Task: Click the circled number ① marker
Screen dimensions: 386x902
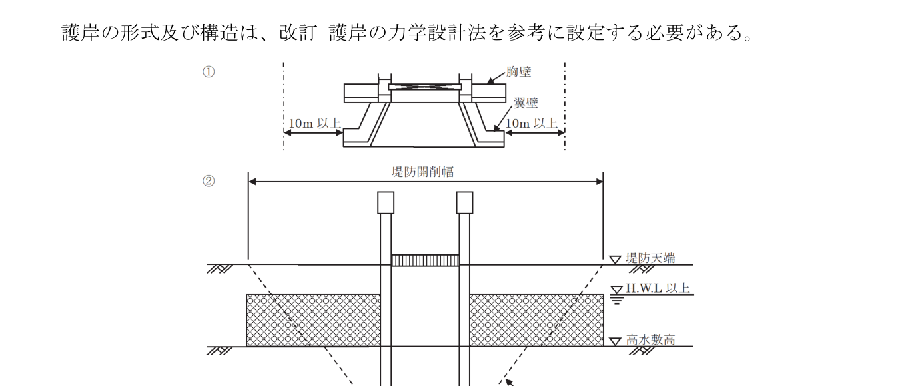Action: coord(209,73)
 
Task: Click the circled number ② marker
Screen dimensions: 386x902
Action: coord(209,181)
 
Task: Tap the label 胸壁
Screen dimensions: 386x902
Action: coord(518,72)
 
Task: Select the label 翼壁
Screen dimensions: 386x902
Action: coord(526,103)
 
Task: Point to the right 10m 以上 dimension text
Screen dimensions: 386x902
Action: coord(531,124)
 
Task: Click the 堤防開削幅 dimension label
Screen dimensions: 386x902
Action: coord(422,172)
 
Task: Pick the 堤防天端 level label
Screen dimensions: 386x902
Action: coord(650,258)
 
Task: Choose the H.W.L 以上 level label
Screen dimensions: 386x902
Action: coord(658,288)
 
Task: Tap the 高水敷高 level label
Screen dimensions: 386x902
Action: coord(650,340)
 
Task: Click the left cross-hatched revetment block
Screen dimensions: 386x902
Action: coord(313,320)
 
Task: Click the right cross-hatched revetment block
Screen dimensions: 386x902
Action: coord(536,320)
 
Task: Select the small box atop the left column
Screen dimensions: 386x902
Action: coord(386,202)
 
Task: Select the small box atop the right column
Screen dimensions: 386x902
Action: coord(464,202)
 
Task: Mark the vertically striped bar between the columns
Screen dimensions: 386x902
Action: coord(425,260)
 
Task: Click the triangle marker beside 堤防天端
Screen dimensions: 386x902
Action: coord(616,259)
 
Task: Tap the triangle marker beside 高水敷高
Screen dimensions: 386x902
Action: coord(616,341)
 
